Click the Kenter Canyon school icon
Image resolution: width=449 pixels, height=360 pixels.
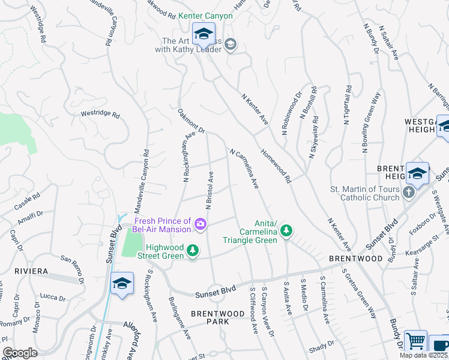(x=203, y=34)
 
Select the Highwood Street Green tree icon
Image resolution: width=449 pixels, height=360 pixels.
(x=193, y=250)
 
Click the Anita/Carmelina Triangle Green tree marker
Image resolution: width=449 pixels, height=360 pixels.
(x=287, y=230)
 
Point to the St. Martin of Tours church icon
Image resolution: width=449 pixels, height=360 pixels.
(x=409, y=193)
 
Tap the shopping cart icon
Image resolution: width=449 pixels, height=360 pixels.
(x=415, y=341)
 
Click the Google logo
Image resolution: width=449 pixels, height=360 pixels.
(x=20, y=353)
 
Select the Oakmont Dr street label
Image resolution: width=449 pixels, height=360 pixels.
(x=191, y=121)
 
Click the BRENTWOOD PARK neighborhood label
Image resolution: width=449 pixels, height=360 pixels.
(x=209, y=317)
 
